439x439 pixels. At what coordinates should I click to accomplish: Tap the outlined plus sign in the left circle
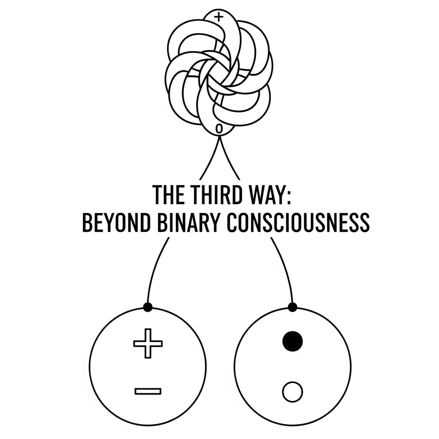[148, 343]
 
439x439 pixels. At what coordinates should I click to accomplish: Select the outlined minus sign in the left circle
[148, 391]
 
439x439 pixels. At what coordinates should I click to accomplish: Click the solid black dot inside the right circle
[293, 341]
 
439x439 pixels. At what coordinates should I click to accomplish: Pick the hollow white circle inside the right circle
[293, 392]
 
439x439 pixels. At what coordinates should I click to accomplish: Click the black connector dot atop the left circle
[148, 307]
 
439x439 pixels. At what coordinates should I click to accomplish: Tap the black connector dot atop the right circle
[293, 307]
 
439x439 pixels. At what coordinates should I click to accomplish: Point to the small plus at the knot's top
[218, 18]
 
